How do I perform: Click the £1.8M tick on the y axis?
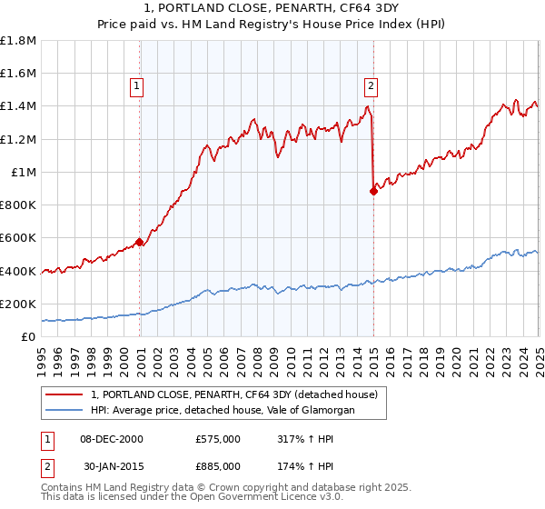click(x=18, y=41)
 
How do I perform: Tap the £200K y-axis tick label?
click(x=18, y=304)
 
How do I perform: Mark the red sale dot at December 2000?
click(x=140, y=242)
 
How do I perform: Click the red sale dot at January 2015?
click(x=373, y=191)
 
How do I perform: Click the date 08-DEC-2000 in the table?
click(x=112, y=439)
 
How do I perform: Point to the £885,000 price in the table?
click(x=218, y=465)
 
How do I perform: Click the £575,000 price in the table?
click(x=218, y=439)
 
